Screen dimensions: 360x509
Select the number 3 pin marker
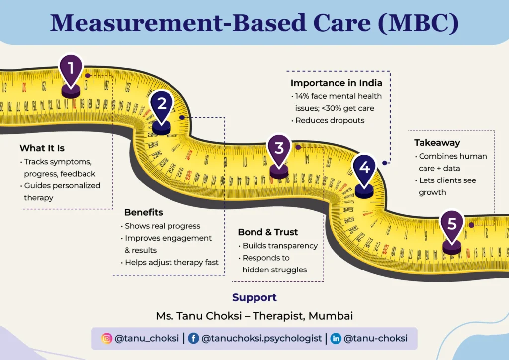tap(279, 149)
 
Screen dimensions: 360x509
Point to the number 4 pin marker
tap(364, 169)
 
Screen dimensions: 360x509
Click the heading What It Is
tap(42, 148)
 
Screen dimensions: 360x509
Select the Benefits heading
tap(144, 213)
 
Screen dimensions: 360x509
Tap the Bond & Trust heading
tap(268, 232)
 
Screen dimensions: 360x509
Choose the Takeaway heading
tap(437, 143)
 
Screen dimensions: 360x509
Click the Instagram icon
tap(106, 339)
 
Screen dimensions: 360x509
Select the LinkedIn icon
tap(336, 339)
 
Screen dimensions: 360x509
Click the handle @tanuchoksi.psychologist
tap(261, 339)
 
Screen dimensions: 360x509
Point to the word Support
tap(254, 298)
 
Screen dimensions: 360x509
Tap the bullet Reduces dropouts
tap(331, 120)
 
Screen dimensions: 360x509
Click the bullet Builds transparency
tap(280, 246)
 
